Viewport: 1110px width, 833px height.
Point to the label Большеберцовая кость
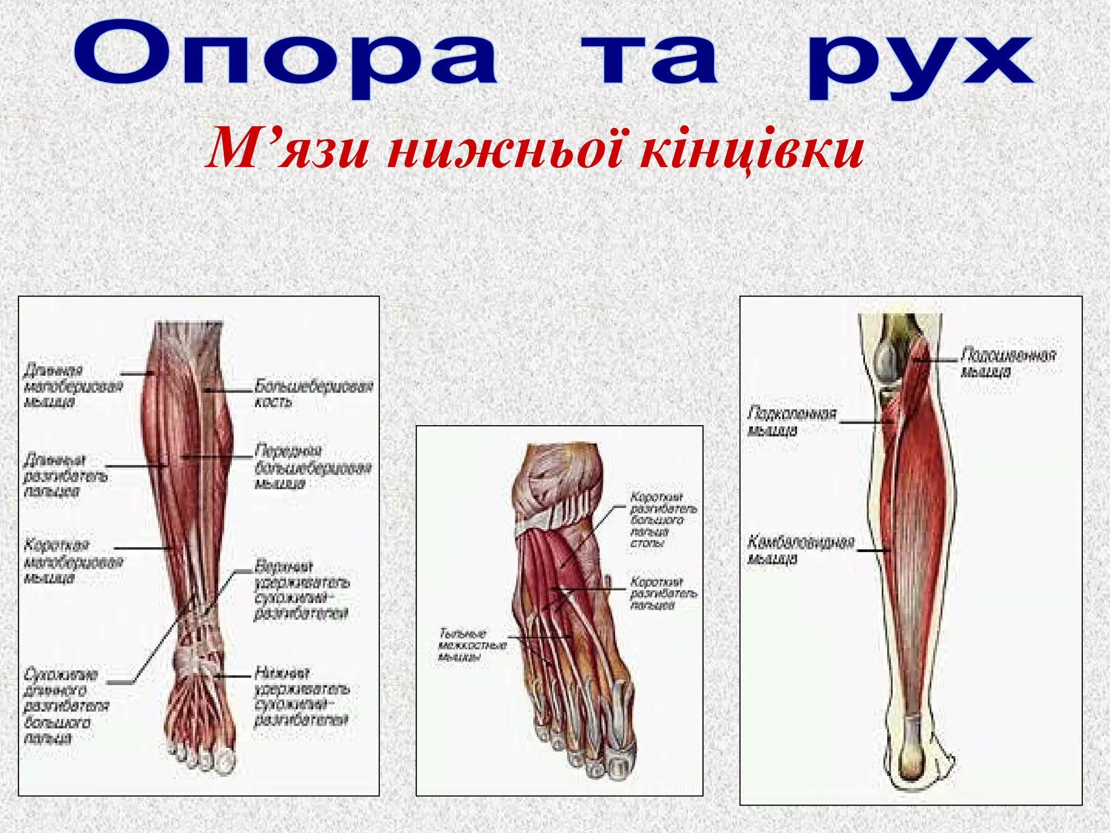pos(313,394)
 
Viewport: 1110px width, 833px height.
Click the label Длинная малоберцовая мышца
pos(73,386)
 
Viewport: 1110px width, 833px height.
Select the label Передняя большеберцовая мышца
pos(313,467)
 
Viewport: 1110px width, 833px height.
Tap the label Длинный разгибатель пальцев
pos(65,476)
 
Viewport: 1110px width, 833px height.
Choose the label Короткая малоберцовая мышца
pos(73,561)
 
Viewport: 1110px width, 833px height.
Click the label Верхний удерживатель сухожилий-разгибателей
pos(301,590)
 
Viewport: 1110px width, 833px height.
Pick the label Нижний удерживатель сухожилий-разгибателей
pos(301,696)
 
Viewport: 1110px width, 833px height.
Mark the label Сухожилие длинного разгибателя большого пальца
pos(66,706)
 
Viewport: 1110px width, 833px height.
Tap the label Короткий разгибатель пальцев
pos(663,593)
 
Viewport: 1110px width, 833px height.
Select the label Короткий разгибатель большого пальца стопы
pos(663,520)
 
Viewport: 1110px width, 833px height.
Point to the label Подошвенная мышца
pos(1008,363)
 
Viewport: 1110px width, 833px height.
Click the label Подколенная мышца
pos(791,421)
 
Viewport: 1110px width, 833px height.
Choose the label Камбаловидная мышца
pos(800,550)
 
